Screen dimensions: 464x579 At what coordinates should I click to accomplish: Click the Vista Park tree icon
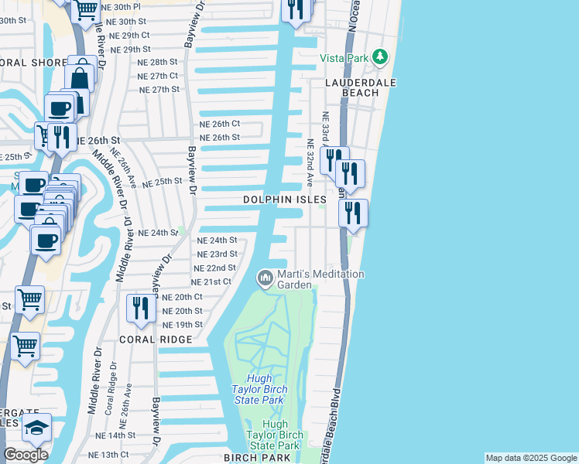[x=379, y=57]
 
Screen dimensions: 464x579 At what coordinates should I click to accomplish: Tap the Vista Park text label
[x=344, y=58]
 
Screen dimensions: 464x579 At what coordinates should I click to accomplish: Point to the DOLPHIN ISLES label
[x=284, y=199]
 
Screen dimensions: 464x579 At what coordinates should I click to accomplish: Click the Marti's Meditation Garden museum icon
[x=266, y=277]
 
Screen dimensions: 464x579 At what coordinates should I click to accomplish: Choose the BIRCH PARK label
[x=255, y=458]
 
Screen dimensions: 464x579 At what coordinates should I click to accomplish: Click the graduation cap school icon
[x=36, y=428]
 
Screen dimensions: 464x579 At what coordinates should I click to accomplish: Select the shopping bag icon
[x=80, y=77]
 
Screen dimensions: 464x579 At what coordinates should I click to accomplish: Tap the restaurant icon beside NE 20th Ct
[x=140, y=309]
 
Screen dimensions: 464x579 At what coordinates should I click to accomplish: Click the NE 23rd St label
[x=218, y=254]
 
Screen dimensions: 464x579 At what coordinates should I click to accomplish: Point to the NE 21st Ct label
[x=211, y=282]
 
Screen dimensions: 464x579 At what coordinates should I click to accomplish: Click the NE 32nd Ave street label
[x=309, y=162]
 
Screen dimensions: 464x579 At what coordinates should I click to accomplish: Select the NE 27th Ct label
[x=158, y=76]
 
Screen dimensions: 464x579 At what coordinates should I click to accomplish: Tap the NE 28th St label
[x=157, y=62]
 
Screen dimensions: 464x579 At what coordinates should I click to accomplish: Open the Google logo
[x=26, y=455]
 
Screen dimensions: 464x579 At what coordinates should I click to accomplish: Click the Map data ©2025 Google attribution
[x=530, y=458]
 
